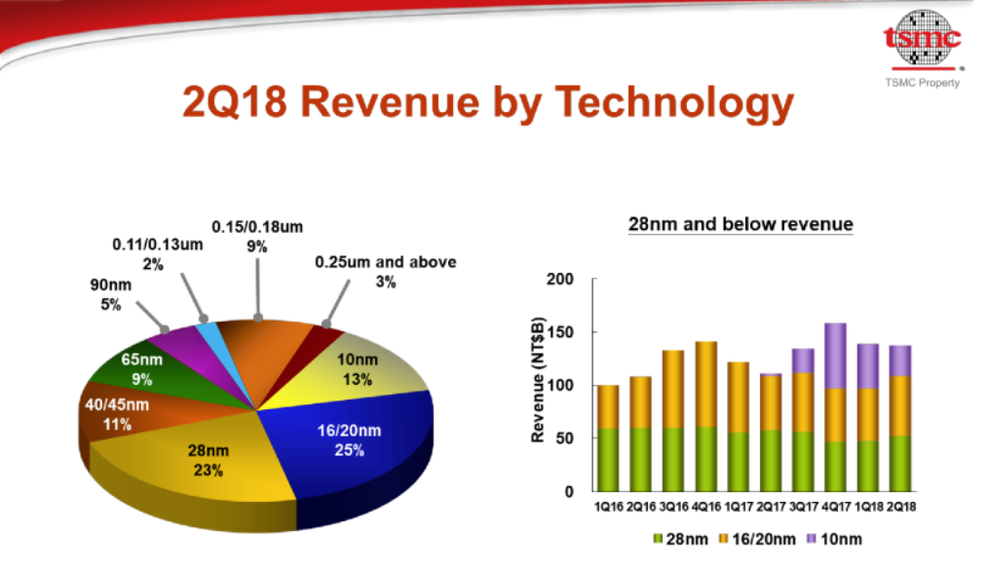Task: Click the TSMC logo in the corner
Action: click(x=921, y=39)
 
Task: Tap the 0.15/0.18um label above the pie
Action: click(x=257, y=237)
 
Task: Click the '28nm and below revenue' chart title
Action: click(x=739, y=225)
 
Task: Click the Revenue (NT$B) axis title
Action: click(x=537, y=385)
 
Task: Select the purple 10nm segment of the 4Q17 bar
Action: click(x=835, y=356)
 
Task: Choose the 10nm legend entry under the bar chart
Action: click(x=834, y=539)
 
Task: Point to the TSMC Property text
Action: click(x=922, y=83)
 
